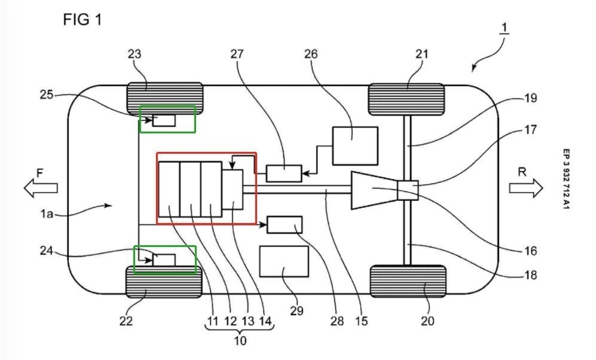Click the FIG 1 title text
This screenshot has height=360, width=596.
(x=82, y=20)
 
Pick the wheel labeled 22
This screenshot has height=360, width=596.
(x=164, y=282)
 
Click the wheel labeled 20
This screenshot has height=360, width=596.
(x=408, y=282)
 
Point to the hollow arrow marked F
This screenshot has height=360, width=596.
(x=41, y=188)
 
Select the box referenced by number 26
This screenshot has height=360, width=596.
(x=355, y=145)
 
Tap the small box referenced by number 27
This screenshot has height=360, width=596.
(x=284, y=173)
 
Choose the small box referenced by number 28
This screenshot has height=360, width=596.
(x=285, y=225)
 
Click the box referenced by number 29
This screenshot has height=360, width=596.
(x=284, y=261)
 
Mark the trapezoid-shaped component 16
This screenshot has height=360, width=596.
(x=374, y=191)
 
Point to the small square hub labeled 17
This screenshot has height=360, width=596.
(x=408, y=190)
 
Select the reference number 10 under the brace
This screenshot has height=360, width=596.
(x=240, y=341)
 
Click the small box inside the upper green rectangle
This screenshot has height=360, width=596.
(x=164, y=120)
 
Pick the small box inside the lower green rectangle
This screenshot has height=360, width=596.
(x=164, y=260)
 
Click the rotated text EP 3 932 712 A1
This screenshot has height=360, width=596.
(x=566, y=179)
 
